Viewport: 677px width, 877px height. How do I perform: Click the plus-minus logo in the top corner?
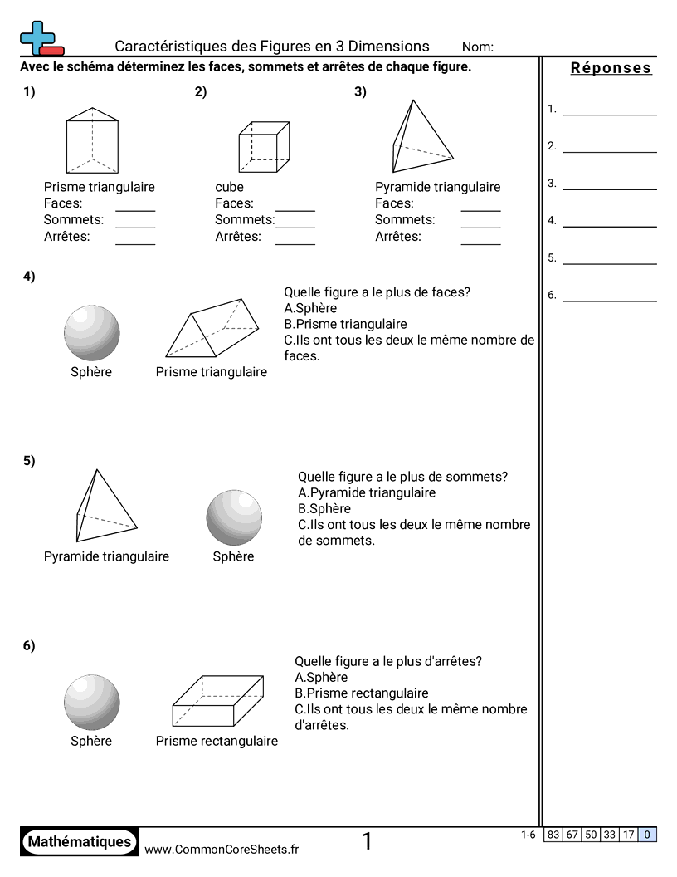[40, 38]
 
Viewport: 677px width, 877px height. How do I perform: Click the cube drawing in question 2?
[264, 147]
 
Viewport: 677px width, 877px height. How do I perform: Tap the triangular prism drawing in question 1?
[92, 140]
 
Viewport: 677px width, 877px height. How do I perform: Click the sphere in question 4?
[91, 332]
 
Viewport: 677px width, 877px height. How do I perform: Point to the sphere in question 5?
[234, 517]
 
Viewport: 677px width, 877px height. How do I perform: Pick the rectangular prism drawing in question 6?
[218, 702]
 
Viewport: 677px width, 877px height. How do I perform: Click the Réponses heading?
[611, 68]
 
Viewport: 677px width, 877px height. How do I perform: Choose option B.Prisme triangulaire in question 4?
[345, 324]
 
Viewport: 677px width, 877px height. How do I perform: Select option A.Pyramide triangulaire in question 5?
[366, 492]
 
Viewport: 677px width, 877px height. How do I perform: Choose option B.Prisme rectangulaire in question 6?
[362, 693]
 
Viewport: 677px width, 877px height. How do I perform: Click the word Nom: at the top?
[477, 47]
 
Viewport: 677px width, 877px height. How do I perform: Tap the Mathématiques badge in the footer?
[80, 841]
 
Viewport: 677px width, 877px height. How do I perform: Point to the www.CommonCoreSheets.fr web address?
[222, 849]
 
